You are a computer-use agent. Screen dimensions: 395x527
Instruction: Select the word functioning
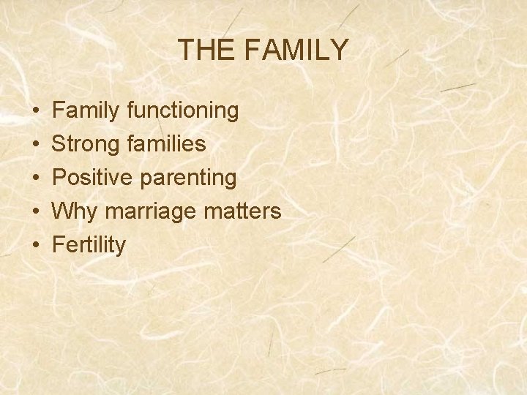pos(182,111)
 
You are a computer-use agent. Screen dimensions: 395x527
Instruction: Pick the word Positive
pos(92,178)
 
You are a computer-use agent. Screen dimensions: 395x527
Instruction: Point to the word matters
pos(244,211)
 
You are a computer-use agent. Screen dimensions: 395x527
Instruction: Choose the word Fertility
pos(89,245)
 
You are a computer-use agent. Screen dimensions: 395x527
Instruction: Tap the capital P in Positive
pos(60,178)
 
